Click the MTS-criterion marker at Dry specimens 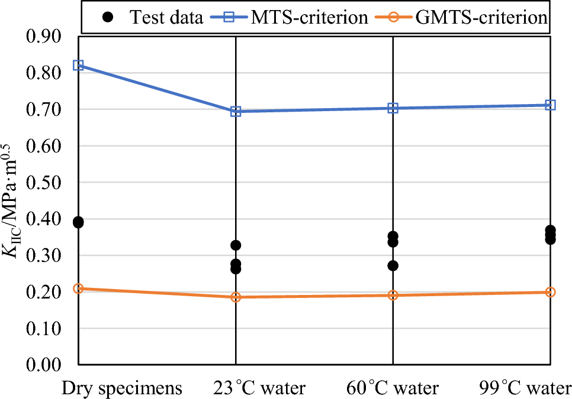(x=78, y=65)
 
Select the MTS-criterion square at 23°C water (x=236, y=111)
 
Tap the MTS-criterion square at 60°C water (x=393, y=108)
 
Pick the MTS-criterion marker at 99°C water (x=550, y=105)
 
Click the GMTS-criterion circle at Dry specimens (x=78, y=289)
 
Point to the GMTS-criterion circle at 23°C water (x=236, y=297)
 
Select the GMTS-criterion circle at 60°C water (x=393, y=295)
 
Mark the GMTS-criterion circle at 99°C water (x=550, y=292)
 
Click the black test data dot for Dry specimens (x=78, y=222)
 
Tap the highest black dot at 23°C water (x=236, y=245)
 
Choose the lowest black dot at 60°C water (x=393, y=266)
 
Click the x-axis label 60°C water (x=393, y=388)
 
